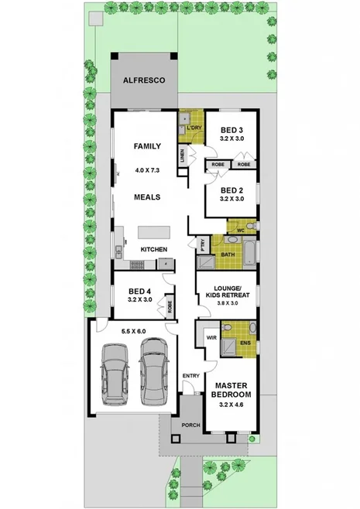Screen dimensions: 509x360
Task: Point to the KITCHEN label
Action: (x=153, y=249)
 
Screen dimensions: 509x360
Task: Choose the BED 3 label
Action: (x=232, y=130)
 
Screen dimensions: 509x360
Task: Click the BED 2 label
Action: (x=232, y=190)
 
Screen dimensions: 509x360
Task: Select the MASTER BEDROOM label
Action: (x=231, y=390)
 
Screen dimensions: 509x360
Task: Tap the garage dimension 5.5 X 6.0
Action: (x=133, y=331)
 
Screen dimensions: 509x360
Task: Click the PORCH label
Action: (x=190, y=425)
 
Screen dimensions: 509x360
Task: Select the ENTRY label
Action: (x=190, y=377)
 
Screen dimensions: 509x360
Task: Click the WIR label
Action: (x=211, y=338)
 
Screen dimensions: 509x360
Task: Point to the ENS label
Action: (x=245, y=343)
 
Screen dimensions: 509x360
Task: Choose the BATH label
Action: (x=228, y=254)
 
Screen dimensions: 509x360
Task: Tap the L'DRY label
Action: (x=194, y=127)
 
